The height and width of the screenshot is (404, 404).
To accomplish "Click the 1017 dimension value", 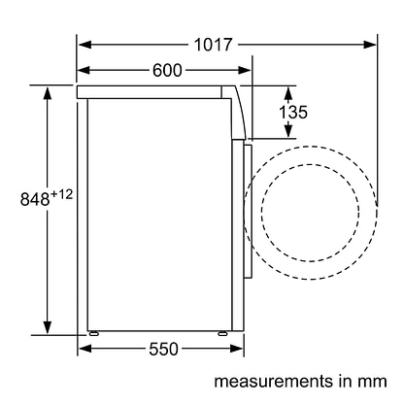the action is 213,45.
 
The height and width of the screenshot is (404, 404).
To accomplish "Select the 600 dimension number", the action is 167,70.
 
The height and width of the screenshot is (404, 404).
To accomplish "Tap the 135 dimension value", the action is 293,113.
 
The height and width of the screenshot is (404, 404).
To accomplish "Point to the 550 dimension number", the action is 163,349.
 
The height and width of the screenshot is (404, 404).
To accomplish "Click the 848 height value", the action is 35,199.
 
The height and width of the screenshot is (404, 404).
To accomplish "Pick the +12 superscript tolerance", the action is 61,194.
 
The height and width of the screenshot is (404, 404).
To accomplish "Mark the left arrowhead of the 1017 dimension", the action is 84,45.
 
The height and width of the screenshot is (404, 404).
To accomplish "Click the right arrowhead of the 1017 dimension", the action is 370,45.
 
